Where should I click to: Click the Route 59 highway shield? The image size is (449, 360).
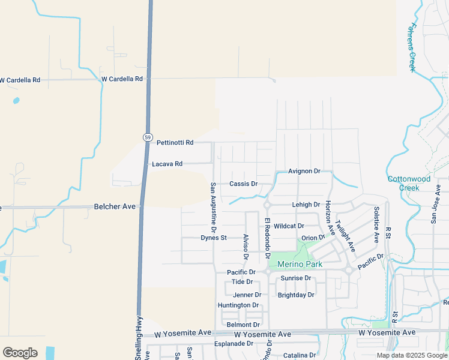coord(148,137)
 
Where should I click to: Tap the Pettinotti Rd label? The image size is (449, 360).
coord(175,143)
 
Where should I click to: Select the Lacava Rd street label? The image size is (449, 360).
coord(167,164)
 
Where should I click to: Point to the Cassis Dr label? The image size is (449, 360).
coord(243,184)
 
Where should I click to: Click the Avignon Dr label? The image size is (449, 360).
coord(304,171)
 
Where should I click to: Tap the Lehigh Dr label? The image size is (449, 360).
coord(306,205)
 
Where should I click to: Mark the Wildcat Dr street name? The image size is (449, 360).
coord(289,226)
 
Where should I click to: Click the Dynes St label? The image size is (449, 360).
coord(214,238)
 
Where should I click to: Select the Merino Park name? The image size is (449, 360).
coord(300,264)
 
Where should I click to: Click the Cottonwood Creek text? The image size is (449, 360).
coord(409,183)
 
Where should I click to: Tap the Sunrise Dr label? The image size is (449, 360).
coord(295,278)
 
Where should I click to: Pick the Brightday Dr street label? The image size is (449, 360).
coord(296,295)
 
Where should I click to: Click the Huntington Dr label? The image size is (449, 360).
coord(238,305)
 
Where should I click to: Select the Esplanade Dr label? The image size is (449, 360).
coord(234,344)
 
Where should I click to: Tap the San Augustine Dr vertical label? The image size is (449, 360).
coord(212,208)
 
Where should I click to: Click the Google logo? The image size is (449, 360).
coord(20,353)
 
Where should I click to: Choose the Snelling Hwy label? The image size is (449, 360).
coord(138,338)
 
